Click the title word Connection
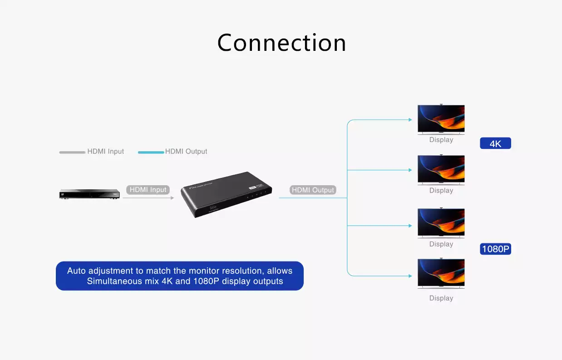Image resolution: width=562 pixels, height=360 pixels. coord(281,43)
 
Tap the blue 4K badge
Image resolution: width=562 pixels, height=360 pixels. coord(495,143)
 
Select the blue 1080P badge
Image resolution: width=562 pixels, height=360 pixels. coord(495,249)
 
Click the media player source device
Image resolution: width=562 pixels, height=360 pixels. coord(89,194)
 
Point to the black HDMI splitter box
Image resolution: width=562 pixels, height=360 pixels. coord(226,194)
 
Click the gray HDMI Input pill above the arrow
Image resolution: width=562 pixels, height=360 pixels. coord(148,190)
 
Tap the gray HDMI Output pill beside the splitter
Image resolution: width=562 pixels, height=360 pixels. coord(313,190)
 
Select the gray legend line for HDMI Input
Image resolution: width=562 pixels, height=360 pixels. coord(72,152)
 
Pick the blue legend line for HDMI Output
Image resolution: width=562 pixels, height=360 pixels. coord(151,152)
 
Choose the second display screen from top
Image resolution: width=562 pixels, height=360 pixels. coord(441,169)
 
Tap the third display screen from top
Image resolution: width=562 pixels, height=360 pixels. coord(441,222)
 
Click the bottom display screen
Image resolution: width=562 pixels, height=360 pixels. coord(441,273)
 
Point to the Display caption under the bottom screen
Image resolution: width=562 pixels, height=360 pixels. coord(441,298)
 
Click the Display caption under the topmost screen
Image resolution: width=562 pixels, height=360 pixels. coord(441,140)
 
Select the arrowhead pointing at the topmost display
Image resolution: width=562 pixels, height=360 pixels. coord(410,120)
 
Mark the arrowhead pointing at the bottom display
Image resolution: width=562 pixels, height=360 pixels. coord(410,276)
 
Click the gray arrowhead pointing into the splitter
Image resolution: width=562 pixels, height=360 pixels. coord(172,198)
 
